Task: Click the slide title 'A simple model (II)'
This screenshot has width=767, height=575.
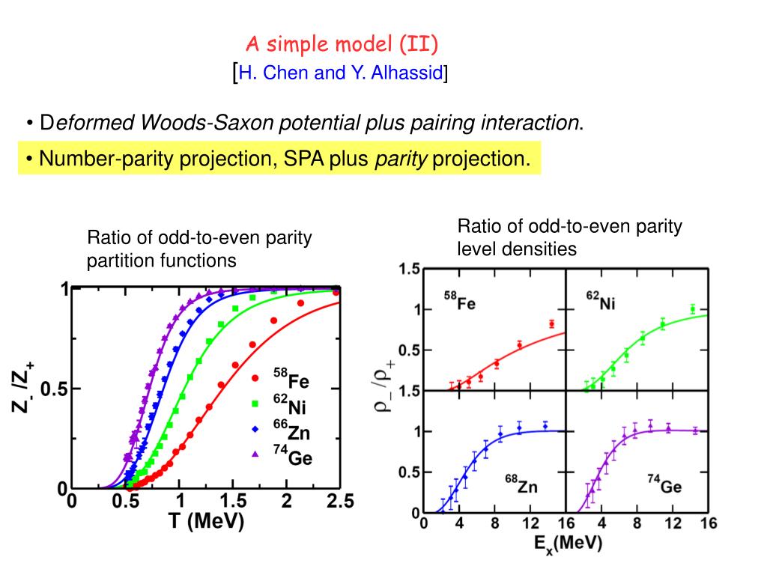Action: tap(343, 45)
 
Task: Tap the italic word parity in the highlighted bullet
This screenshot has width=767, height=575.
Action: tap(401, 159)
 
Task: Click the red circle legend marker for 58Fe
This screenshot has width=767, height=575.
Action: tap(255, 378)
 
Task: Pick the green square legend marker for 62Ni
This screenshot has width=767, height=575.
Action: tap(255, 404)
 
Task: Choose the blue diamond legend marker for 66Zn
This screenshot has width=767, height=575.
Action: tap(255, 430)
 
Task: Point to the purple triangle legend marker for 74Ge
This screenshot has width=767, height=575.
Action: tap(255, 454)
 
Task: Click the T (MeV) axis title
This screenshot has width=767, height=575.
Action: tap(206, 522)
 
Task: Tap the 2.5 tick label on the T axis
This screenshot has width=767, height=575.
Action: tap(339, 503)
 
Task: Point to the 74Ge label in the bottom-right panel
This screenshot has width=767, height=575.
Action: tap(664, 486)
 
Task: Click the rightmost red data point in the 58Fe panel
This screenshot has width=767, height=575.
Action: tap(551, 324)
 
